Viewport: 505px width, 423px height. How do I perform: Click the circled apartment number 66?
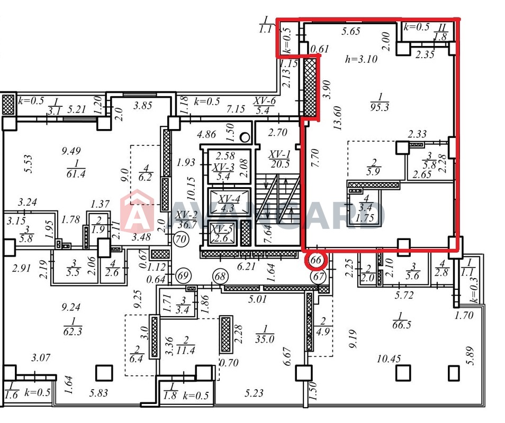pos(316,260)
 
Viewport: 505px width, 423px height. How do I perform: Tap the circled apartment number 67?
pos(318,277)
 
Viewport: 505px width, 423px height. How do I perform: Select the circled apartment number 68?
pos(220,277)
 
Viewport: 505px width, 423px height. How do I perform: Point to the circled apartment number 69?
pos(183,275)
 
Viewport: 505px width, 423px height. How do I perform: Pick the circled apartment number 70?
pos(181,239)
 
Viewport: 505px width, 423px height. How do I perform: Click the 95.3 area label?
pos(380,107)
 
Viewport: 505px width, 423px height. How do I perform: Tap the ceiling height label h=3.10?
pos(361,59)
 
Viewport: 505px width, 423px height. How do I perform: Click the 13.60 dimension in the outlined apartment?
pos(338,118)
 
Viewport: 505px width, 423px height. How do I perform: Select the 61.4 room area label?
pos(76,174)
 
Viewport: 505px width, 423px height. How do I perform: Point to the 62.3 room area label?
pos(73,331)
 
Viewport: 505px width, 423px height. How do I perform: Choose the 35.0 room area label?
pos(265,339)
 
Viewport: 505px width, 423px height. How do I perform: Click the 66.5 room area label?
pos(402,325)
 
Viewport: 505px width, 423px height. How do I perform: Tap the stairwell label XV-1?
pos(279,154)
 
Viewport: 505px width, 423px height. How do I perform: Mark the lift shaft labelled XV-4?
pos(229,201)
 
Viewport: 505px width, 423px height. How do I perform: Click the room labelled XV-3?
pos(228,166)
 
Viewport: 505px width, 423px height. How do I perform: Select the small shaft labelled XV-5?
pos(222,234)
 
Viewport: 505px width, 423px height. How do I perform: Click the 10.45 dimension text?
pos(389,358)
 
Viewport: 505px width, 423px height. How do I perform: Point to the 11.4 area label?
pos(186,350)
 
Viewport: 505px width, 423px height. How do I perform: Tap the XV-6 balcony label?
pos(265,101)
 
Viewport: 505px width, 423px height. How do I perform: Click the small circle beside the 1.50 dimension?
pos(245,137)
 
